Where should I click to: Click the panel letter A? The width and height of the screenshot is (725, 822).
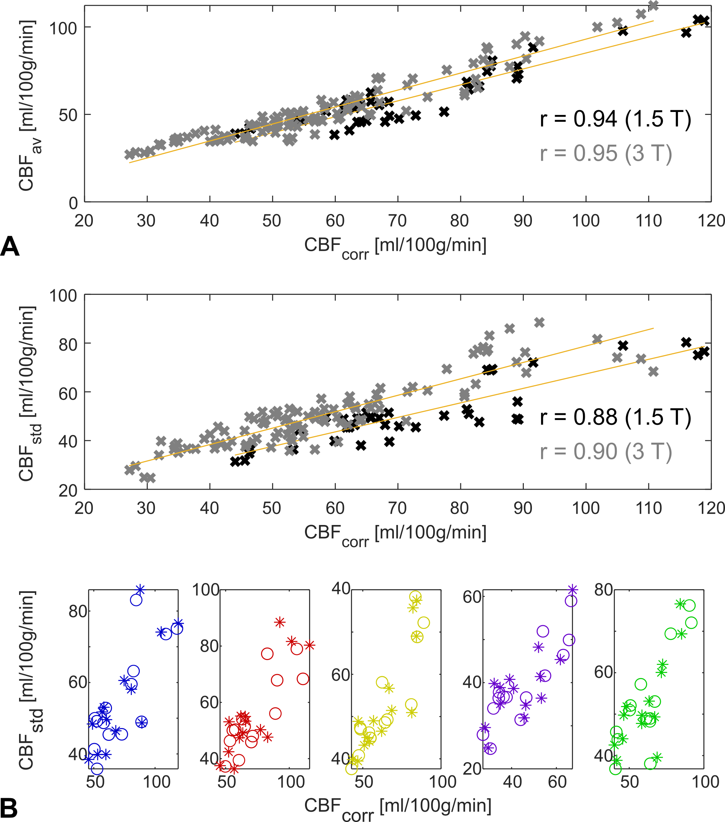[x=10, y=246]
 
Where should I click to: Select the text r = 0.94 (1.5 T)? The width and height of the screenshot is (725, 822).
[x=615, y=119]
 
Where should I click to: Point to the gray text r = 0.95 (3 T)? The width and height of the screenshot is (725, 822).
[x=606, y=153]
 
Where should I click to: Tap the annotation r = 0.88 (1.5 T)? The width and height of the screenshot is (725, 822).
[x=615, y=417]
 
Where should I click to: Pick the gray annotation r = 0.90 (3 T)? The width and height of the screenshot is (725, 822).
[x=606, y=452]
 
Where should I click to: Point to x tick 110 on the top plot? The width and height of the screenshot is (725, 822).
[x=649, y=221]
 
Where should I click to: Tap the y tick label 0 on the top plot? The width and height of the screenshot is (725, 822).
[x=73, y=203]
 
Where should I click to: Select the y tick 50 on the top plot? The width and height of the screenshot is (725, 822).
[x=69, y=115]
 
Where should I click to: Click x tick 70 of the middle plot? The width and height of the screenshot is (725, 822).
[x=397, y=508]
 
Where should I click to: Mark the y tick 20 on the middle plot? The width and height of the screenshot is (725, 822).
[x=69, y=490]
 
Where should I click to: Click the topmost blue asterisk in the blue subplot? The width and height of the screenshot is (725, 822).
[x=140, y=590]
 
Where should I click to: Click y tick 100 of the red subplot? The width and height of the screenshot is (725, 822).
[x=206, y=590]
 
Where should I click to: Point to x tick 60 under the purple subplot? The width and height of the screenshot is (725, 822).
[x=557, y=782]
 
